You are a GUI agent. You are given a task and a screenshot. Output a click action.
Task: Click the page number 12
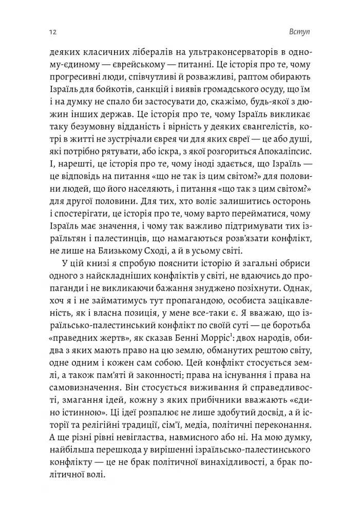53,32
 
